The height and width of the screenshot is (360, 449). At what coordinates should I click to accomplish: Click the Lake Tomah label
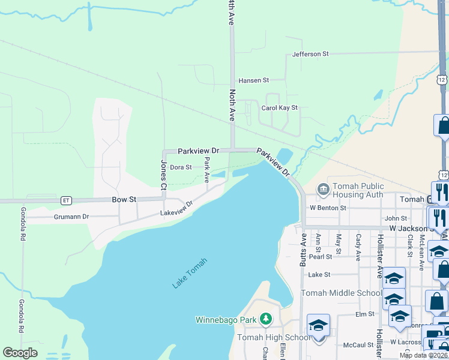190,273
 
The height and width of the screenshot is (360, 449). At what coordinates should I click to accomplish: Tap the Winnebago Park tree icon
264,320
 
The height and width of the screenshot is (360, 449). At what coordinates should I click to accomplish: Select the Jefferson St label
310,54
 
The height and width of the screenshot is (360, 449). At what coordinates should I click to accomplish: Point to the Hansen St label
254,80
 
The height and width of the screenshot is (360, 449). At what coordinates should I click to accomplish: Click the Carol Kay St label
280,108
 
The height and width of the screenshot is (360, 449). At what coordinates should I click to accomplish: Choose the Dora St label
181,167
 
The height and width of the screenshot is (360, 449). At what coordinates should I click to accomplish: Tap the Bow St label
124,199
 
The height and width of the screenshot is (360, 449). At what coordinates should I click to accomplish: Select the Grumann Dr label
71,216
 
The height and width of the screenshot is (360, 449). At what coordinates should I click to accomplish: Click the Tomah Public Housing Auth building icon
324,190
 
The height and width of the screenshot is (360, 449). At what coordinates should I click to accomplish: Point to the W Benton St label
328,208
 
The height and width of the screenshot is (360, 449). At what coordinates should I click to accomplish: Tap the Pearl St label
321,256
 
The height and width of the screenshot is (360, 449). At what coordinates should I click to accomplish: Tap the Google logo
20,353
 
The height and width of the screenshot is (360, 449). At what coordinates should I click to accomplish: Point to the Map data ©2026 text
423,355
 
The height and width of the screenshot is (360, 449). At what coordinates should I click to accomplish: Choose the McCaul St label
358,345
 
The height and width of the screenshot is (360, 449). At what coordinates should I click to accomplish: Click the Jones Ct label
163,175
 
